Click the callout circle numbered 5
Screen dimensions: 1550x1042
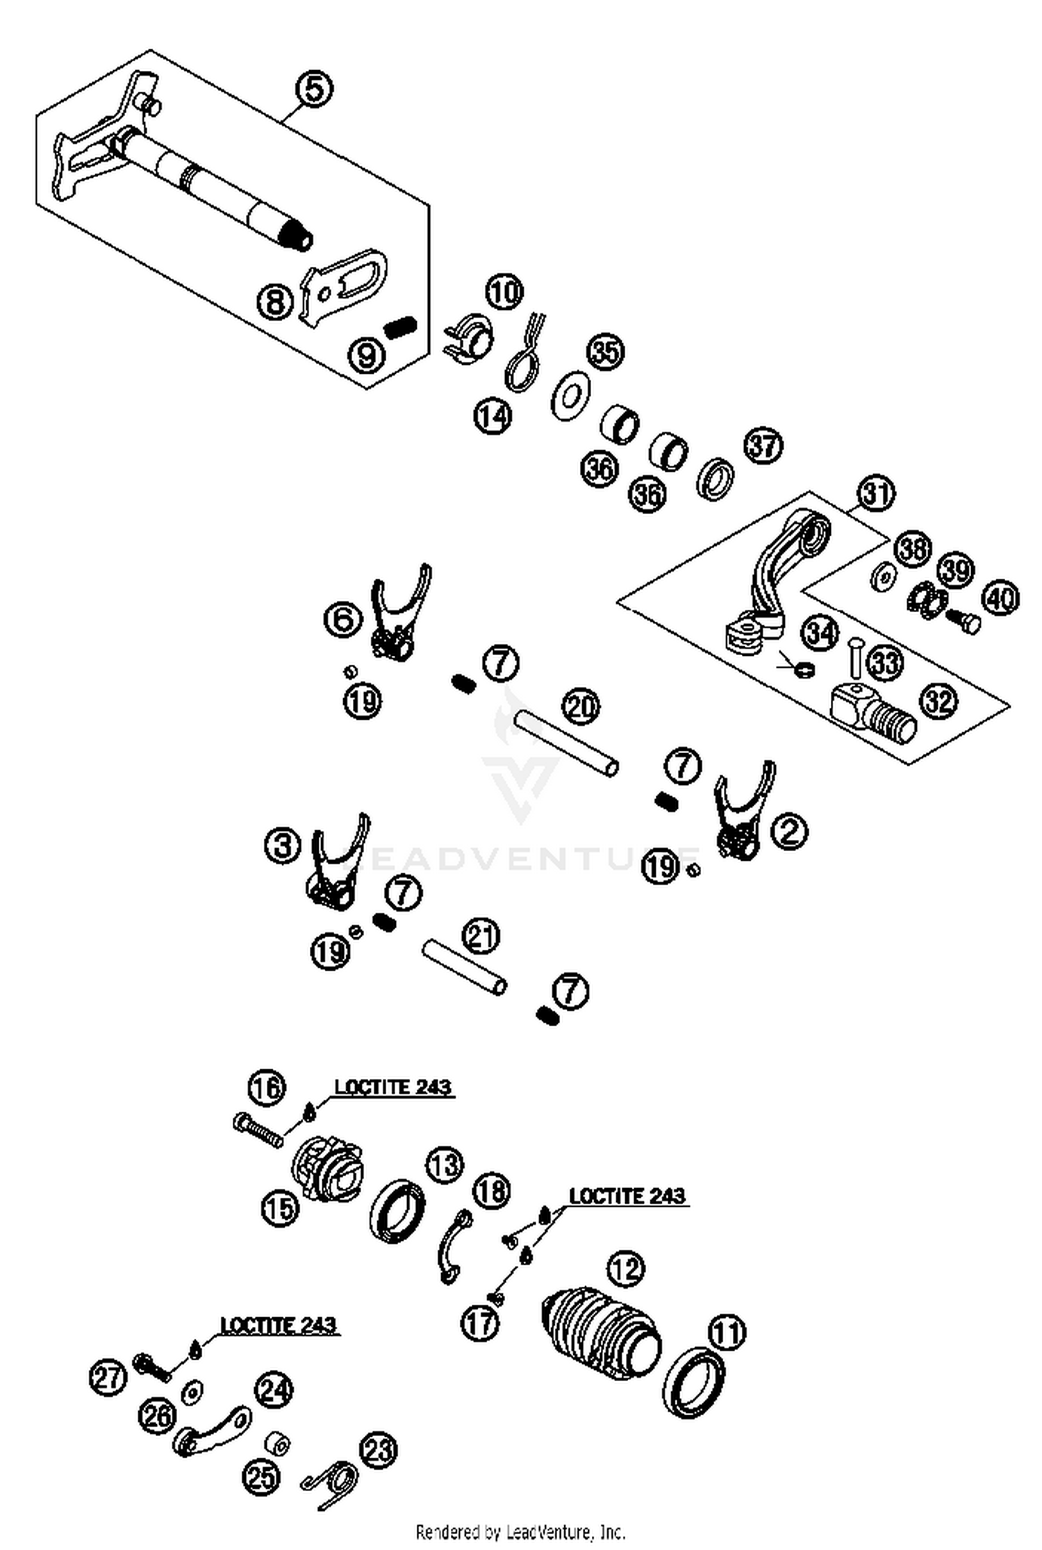pyautogui.click(x=313, y=90)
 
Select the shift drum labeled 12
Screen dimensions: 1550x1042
pyautogui.click(x=602, y=1330)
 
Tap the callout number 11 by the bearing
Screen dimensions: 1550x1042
pyautogui.click(x=726, y=1332)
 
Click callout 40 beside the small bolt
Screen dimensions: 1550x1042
pyautogui.click(x=1000, y=598)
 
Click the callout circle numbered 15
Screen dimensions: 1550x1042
pyautogui.click(x=279, y=1209)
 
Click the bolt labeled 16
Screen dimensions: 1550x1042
pyautogui.click(x=259, y=1128)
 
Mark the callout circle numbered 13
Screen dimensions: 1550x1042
pyautogui.click(x=444, y=1164)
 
